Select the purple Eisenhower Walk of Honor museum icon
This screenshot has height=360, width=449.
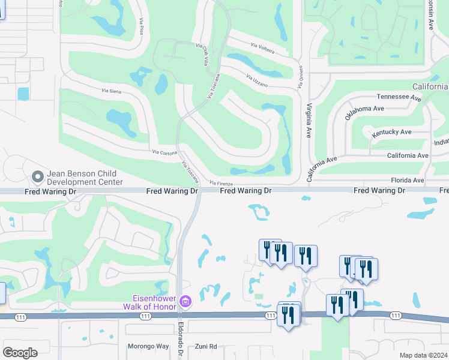(185, 301)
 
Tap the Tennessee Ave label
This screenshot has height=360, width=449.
(397, 96)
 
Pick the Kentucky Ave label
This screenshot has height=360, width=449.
(391, 132)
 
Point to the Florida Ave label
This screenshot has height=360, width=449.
(407, 180)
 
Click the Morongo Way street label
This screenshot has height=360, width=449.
(148, 346)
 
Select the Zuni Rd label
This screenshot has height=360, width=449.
(206, 346)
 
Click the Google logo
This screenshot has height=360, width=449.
(20, 352)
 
